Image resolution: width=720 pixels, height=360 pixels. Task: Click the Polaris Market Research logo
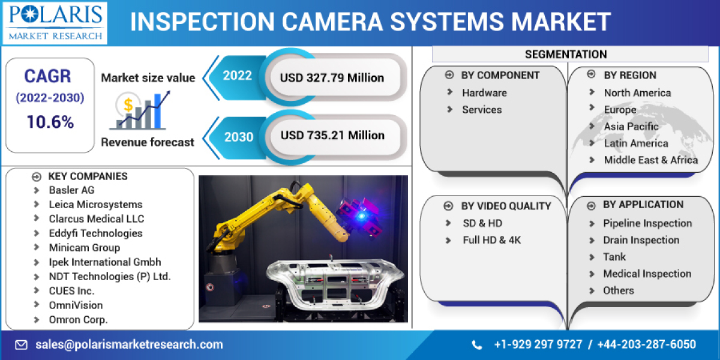tap(55, 22)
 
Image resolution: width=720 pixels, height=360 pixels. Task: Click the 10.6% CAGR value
tap(50, 122)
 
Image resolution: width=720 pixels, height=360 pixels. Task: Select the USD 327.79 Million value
tap(332, 77)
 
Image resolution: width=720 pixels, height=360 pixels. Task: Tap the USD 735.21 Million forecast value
tap(332, 135)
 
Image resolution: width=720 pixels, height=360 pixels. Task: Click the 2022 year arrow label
tap(238, 76)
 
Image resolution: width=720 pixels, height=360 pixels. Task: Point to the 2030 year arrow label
tap(238, 136)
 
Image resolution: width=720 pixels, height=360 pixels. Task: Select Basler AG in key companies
tap(71, 190)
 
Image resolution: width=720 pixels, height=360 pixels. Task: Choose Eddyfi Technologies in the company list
tap(95, 233)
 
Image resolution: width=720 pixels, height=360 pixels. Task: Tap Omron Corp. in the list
tap(78, 320)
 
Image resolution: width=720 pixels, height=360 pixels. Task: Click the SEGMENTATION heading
tap(566, 55)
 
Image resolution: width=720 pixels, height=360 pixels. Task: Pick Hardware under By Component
tap(484, 93)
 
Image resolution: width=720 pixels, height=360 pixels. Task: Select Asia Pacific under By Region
tap(631, 127)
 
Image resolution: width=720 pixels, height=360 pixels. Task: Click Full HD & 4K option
tap(491, 240)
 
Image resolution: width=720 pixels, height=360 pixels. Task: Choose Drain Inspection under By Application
tap(641, 240)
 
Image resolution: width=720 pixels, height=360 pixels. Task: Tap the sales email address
tap(129, 344)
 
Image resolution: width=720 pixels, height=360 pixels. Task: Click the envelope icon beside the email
tap(22, 345)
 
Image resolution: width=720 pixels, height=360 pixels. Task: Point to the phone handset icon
tap(477, 345)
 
